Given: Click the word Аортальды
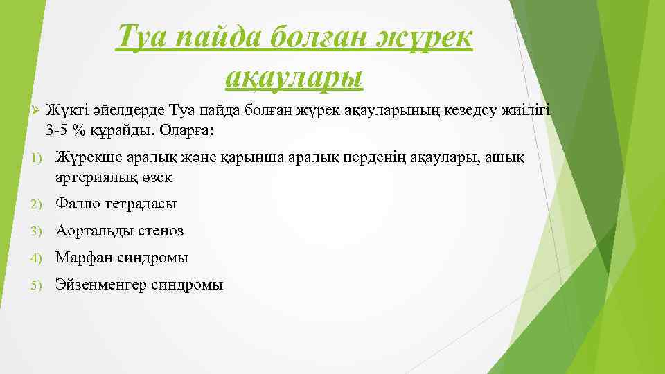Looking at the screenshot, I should click(x=91, y=231).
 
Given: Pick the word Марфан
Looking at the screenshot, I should click(x=83, y=258).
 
